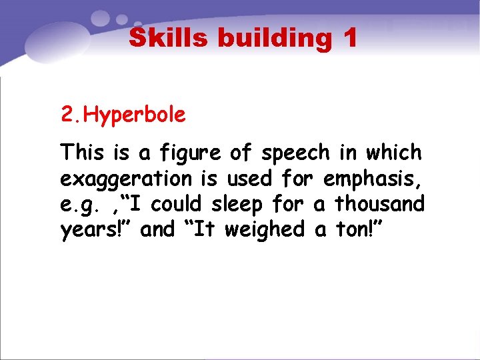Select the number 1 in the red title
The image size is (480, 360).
(351, 38)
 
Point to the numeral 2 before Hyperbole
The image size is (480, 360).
(66, 115)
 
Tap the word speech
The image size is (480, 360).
(295, 153)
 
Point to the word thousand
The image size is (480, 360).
(379, 203)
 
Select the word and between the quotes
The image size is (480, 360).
(158, 229)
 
